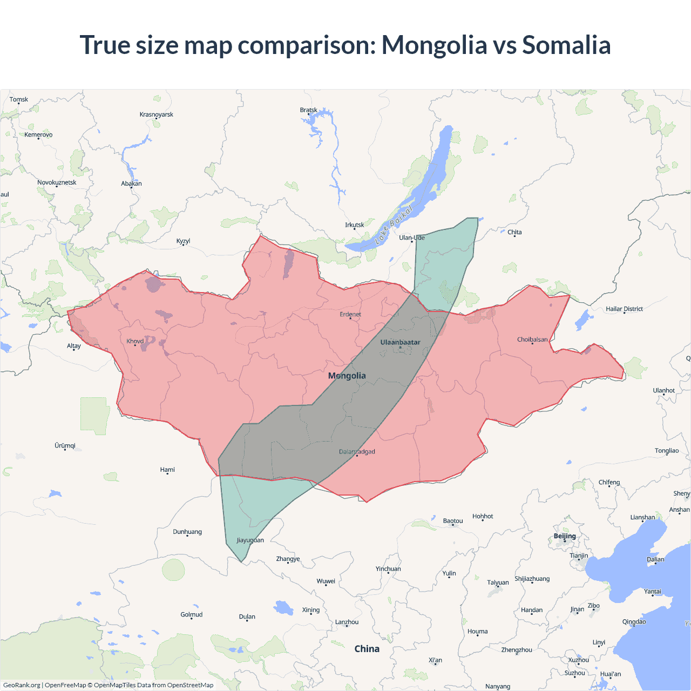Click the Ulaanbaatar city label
[400, 342]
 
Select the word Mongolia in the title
[434, 45]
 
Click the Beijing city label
[565, 536]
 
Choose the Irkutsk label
[355, 225]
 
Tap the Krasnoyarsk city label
[156, 114]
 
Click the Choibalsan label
[532, 340]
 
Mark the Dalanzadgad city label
[357, 452]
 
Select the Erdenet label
[350, 314]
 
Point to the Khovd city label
[135, 341]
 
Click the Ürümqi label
[65, 445]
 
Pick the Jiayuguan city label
[250, 540]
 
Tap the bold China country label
[367, 649]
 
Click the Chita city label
[514, 232]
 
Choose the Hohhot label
[483, 516]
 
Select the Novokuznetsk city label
[57, 182]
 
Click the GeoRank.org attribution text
[22, 685]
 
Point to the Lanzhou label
[347, 622]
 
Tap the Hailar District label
[624, 309]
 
